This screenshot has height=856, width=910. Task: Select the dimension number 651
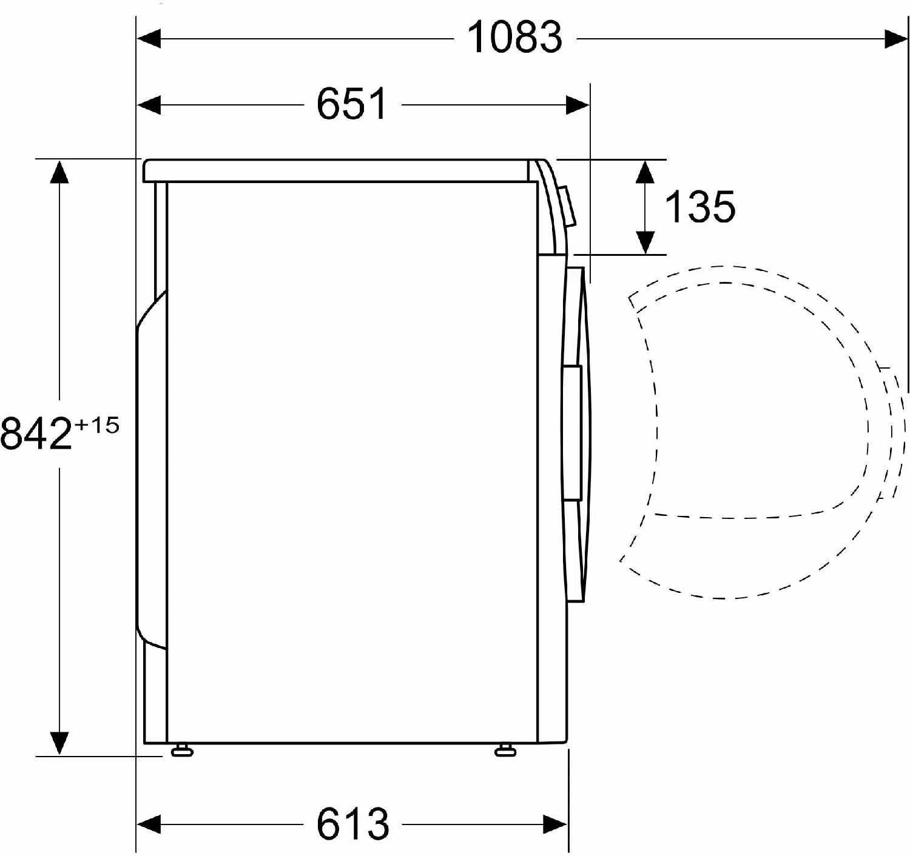tap(352, 104)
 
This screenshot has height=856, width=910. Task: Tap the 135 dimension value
tap(699, 207)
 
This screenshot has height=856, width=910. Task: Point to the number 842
tap(36, 433)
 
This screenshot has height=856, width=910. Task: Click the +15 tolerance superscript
tap(97, 425)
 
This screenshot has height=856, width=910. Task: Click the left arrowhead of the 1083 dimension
tap(149, 38)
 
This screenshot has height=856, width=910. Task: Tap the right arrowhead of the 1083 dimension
tap(896, 38)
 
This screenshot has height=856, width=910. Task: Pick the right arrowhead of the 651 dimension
tap(578, 105)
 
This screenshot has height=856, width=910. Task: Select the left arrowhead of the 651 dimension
tap(149, 105)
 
